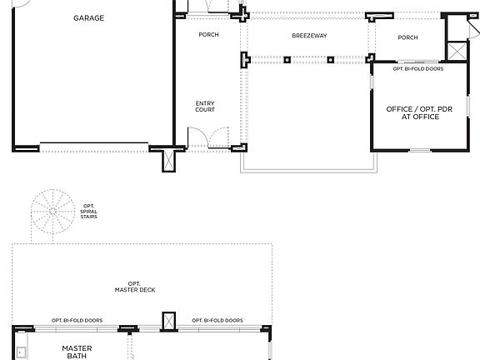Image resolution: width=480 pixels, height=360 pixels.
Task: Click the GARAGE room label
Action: (89, 18)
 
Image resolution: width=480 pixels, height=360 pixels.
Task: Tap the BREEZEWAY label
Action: (309, 36)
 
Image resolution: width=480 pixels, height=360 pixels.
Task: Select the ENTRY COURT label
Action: (205, 107)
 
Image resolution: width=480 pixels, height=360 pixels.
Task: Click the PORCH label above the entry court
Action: (209, 35)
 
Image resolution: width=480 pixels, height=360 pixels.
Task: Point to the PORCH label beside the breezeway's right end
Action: (407, 37)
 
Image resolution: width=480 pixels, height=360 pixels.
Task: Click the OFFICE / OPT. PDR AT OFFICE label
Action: (419, 113)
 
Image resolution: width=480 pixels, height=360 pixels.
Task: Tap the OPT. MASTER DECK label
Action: (135, 287)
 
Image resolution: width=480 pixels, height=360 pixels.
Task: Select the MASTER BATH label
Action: (77, 352)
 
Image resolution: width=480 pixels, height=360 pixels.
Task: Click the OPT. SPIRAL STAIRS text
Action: (89, 212)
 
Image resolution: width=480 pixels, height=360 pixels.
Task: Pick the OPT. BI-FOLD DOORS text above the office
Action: (418, 69)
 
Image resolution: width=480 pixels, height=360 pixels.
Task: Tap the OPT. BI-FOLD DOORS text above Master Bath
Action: (77, 321)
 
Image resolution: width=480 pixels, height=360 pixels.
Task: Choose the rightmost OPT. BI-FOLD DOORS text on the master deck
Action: (217, 321)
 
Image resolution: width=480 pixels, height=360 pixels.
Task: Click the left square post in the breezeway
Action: (287, 60)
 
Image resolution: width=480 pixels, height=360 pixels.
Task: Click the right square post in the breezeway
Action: (331, 60)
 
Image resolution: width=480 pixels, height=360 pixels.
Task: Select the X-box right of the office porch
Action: (457, 51)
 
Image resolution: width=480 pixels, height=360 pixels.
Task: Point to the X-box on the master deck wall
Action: (168, 321)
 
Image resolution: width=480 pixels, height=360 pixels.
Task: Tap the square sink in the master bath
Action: (22, 352)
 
